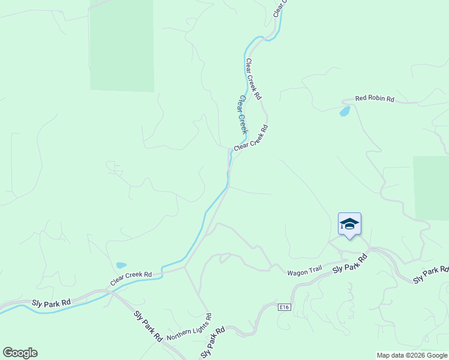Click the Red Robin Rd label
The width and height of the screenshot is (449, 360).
[374, 98]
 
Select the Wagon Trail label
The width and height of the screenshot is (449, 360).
[304, 271]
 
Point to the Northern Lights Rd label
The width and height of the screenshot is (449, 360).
[189, 326]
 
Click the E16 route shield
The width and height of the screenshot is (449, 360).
[285, 307]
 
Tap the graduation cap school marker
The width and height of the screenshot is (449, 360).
[349, 224]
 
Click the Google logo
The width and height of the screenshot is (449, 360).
[20, 353]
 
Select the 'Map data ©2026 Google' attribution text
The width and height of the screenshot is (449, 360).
[412, 355]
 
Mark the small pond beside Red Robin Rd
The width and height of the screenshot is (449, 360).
[345, 111]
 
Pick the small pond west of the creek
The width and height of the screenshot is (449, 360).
[121, 265]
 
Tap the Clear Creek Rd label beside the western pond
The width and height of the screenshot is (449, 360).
[131, 277]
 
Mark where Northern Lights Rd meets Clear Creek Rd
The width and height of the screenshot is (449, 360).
[185, 268]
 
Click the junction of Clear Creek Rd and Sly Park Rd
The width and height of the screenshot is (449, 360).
[107, 291]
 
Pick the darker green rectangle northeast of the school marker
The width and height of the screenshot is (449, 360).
[431, 187]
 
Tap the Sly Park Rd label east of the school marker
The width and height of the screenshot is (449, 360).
[431, 275]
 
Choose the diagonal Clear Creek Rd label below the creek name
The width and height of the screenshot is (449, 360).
[251, 138]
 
